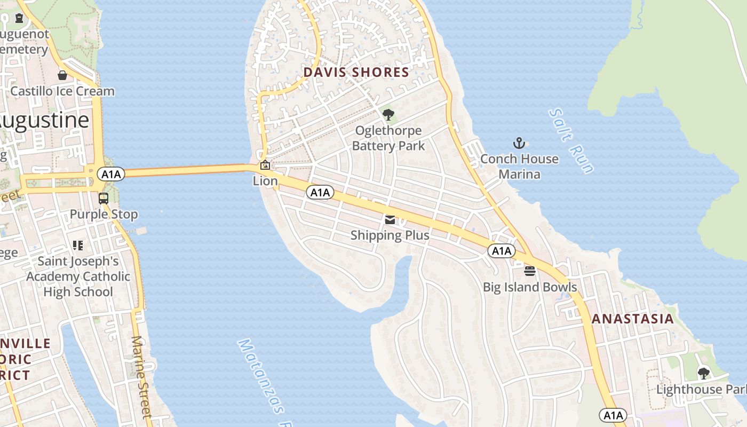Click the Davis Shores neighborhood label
(356, 72)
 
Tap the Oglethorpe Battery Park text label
(388, 138)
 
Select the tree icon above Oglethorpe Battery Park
(388, 114)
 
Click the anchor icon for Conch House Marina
(519, 143)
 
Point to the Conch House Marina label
(519, 167)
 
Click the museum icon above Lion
(265, 165)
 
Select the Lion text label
(265, 181)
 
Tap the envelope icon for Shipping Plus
(390, 220)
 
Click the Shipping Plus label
(390, 235)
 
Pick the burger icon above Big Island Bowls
(530, 271)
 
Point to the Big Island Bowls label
(530, 287)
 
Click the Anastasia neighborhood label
(633, 319)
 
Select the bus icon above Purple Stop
(104, 199)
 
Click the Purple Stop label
(104, 215)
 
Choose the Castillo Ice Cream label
(62, 91)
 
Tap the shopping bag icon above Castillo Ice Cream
(62, 75)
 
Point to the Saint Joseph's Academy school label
(78, 276)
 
